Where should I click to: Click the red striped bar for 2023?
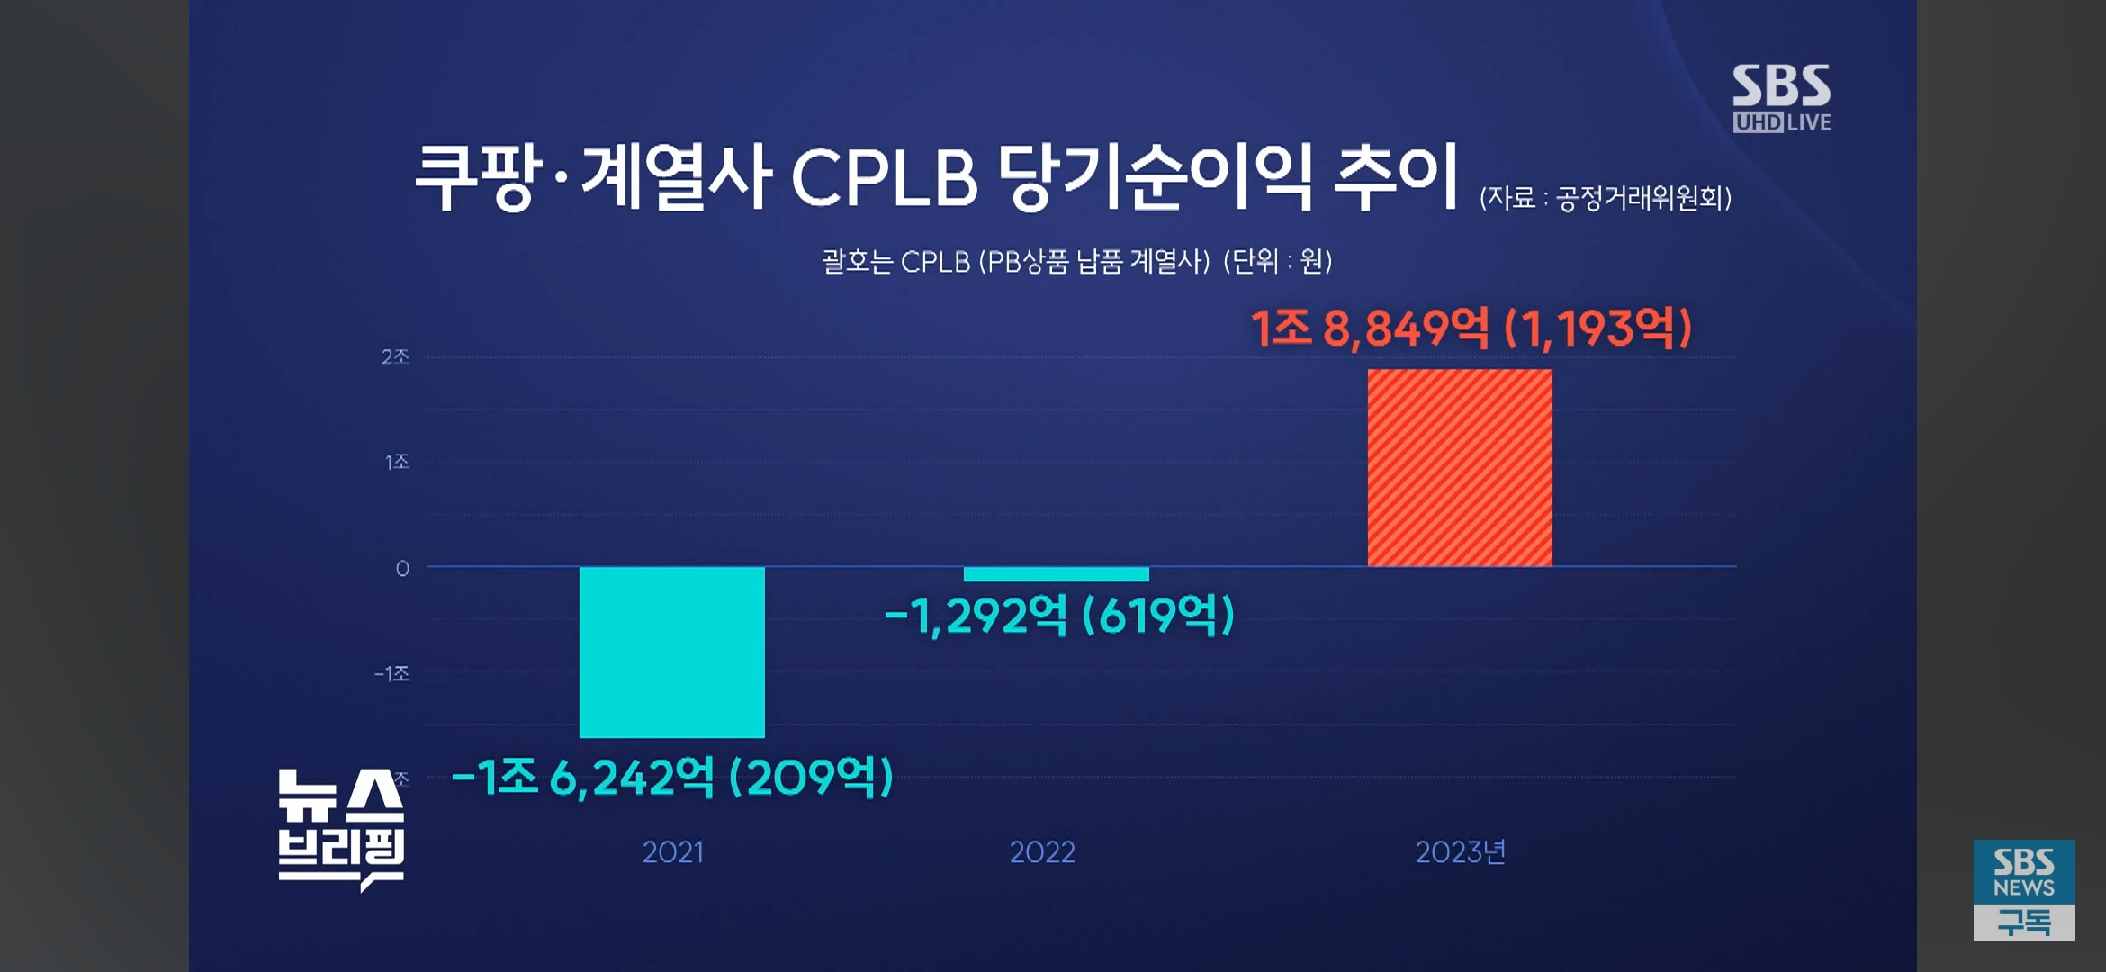[1460, 468]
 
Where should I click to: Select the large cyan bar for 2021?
[671, 652]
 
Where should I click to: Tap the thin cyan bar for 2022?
[1056, 574]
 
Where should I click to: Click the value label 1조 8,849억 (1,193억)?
[1471, 328]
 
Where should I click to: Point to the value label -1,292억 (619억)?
[1058, 616]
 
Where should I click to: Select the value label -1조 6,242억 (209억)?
[671, 778]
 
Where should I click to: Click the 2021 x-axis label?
[672, 852]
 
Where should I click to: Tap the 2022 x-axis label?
[1042, 852]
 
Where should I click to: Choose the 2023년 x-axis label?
[1460, 852]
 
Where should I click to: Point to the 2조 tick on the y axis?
[395, 357]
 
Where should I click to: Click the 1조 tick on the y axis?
[397, 463]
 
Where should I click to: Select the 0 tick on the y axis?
[402, 569]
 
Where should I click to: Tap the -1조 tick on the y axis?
[392, 674]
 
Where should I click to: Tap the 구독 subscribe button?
[2024, 922]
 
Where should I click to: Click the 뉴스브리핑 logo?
[340, 828]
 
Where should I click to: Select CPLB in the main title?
[884, 177]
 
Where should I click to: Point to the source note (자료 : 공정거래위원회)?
[1606, 198]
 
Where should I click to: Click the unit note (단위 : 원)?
[1277, 262]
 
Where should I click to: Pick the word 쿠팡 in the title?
[474, 177]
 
